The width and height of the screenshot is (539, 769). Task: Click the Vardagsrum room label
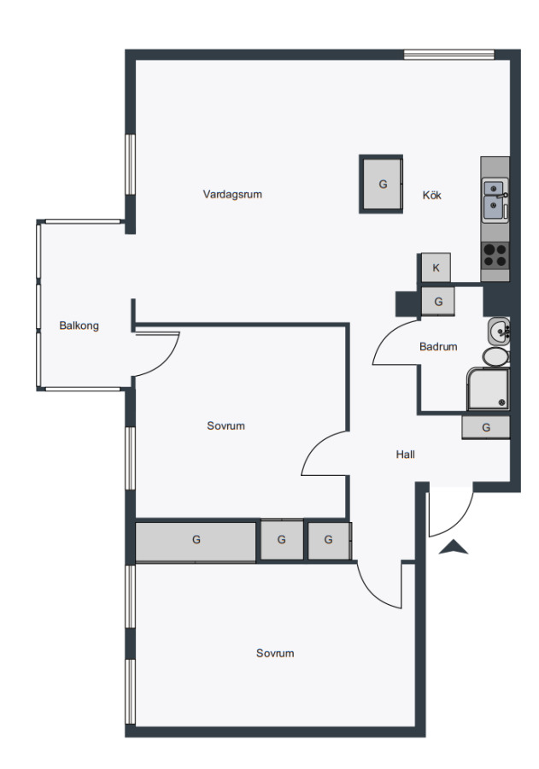232,194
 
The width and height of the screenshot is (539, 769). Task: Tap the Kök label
431,195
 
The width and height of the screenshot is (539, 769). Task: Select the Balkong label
79,326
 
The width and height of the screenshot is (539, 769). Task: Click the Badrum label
438,347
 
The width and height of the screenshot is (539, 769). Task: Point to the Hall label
405,455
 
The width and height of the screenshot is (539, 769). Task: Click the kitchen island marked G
382,184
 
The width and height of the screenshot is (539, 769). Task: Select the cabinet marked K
436,267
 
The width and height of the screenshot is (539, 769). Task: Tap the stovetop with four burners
495,255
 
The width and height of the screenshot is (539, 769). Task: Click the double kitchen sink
495,200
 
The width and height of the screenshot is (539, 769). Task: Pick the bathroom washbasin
498,331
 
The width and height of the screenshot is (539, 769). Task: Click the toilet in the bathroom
495,356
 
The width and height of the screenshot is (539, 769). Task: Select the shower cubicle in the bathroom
488,389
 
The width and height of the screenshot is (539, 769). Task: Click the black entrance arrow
454,548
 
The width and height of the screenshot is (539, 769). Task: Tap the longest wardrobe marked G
196,540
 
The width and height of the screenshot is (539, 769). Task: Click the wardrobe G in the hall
485,427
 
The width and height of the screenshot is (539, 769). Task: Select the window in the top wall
448,54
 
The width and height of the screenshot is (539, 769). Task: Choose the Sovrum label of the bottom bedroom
275,654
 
